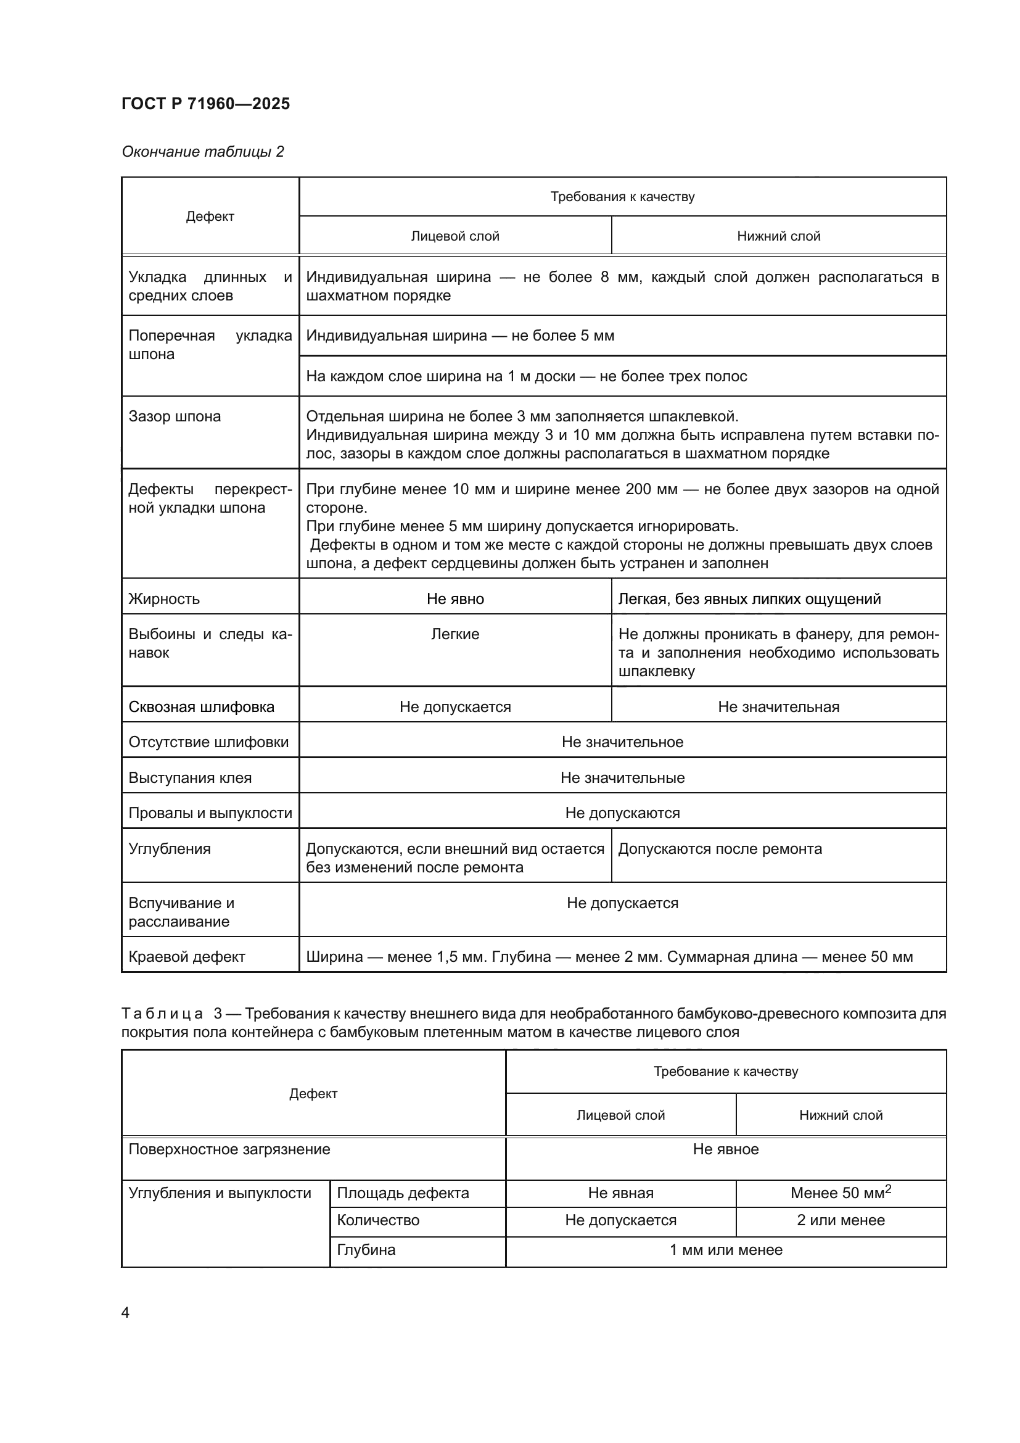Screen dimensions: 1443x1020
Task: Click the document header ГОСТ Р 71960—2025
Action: (205, 104)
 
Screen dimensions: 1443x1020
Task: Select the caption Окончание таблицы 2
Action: (202, 152)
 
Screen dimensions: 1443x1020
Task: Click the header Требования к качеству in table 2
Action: (622, 197)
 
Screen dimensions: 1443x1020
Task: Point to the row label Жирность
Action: (164, 598)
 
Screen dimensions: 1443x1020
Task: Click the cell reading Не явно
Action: (454, 598)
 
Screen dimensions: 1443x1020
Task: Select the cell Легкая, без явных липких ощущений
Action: (749, 598)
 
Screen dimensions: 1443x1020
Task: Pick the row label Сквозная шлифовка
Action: (201, 706)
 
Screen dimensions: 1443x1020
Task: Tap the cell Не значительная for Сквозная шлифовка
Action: (778, 706)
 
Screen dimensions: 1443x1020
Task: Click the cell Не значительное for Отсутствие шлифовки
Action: (622, 742)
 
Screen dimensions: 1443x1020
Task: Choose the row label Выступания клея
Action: (190, 777)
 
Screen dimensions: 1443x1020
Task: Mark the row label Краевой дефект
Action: (186, 957)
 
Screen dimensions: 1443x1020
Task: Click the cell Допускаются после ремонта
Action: (720, 848)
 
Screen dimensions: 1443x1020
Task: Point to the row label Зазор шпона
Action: (175, 416)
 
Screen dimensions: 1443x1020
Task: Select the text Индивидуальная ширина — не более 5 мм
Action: (460, 335)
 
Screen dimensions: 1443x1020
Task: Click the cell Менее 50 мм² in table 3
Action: (841, 1193)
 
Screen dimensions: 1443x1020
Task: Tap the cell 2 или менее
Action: (841, 1220)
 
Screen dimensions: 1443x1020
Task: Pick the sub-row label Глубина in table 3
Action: (366, 1249)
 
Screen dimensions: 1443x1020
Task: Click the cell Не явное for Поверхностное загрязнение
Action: (725, 1149)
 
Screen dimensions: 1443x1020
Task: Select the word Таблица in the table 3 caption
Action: (162, 1013)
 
